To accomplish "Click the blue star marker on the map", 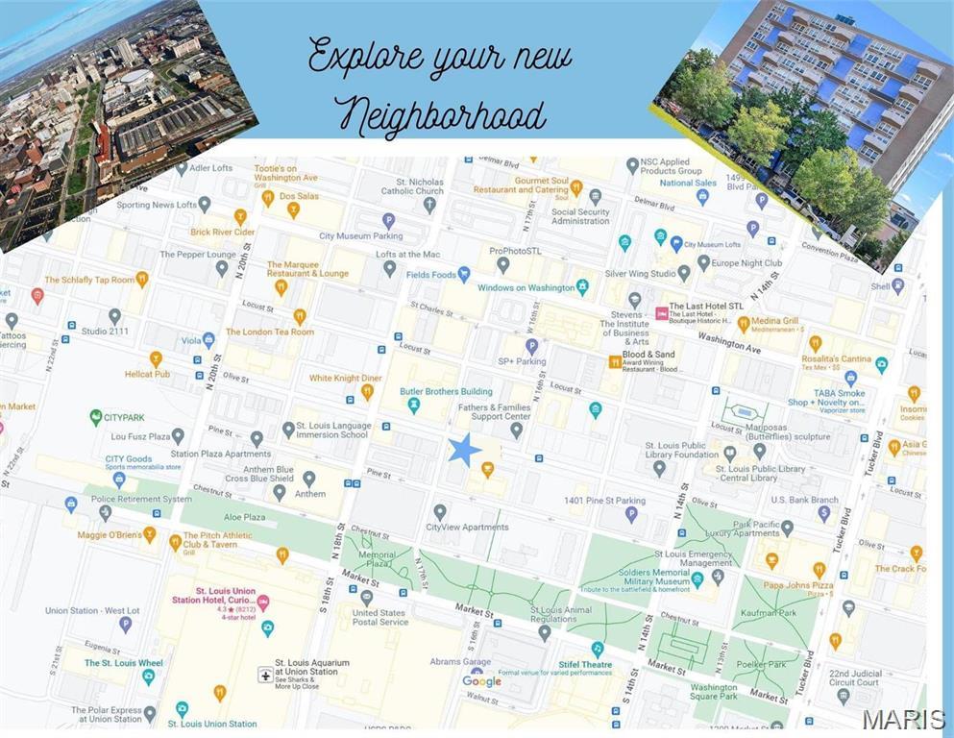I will [464, 449].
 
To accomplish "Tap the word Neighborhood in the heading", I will [441, 115].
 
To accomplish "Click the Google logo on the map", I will [481, 681].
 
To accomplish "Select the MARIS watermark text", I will [902, 719].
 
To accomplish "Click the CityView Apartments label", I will [467, 527].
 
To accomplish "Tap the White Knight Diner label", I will [345, 378].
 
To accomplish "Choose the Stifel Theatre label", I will [585, 664].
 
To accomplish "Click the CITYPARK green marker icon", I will [96, 417].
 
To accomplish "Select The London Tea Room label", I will [269, 332].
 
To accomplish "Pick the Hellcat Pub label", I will [147, 374].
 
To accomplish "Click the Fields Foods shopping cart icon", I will [464, 274].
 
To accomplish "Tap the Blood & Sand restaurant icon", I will [615, 361].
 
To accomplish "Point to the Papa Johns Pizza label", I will [798, 585].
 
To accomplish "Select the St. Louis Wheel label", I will [123, 663].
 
